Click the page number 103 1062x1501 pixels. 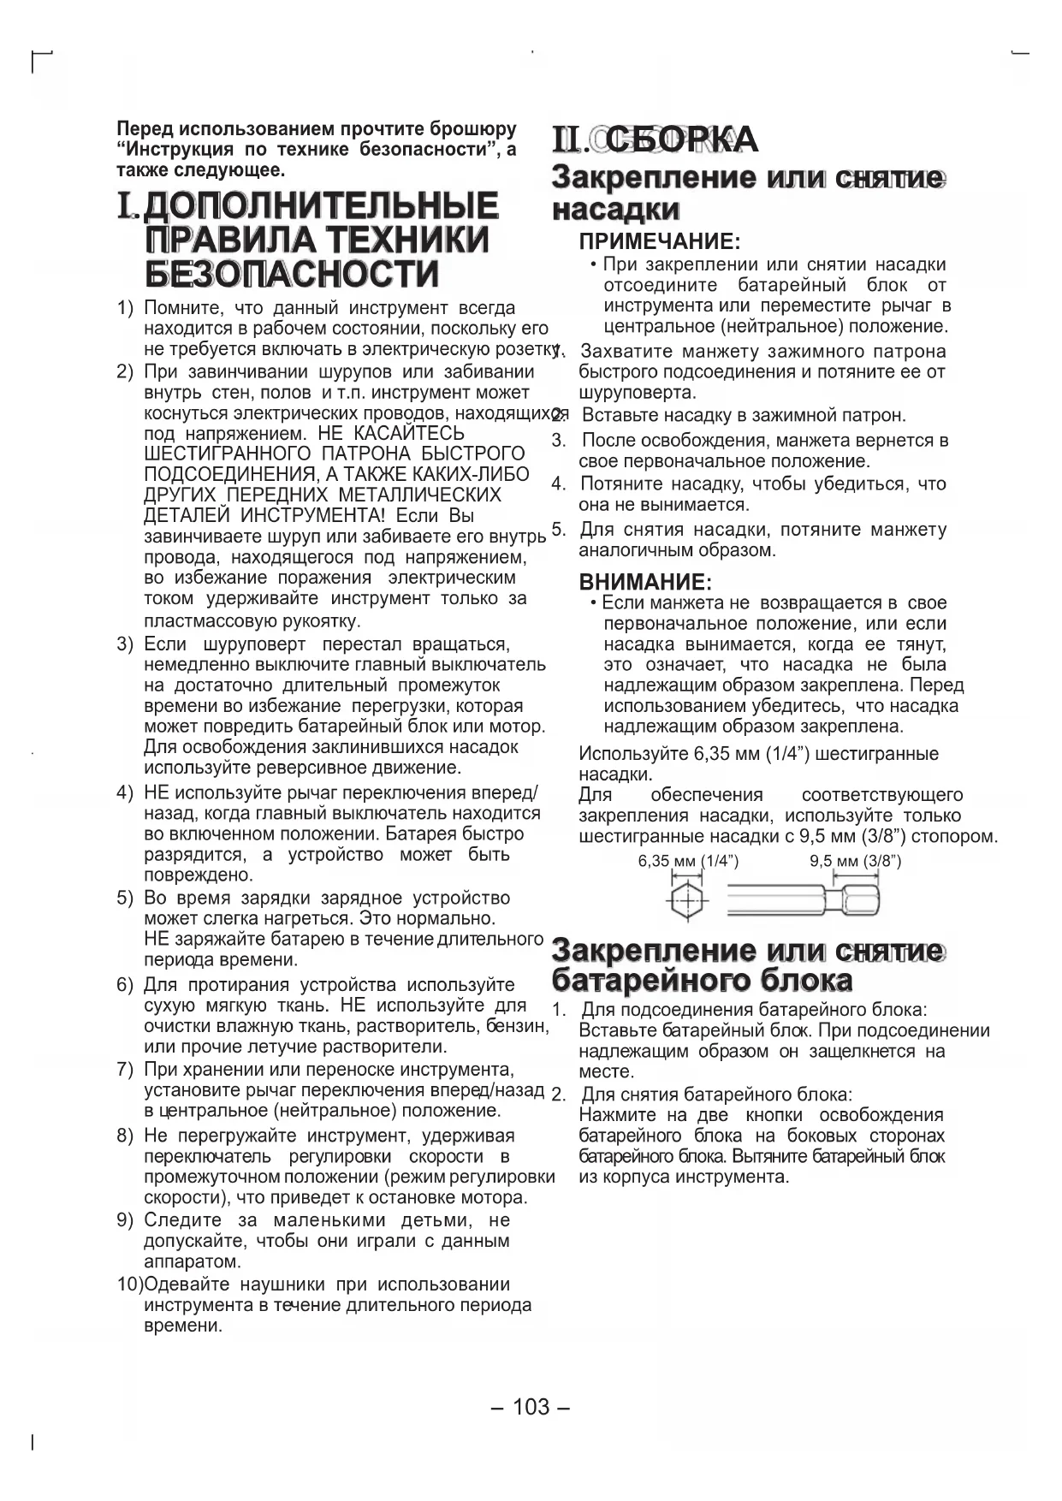click(x=531, y=1407)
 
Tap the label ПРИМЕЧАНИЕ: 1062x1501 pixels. click(x=659, y=242)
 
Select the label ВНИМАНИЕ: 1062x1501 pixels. click(x=645, y=582)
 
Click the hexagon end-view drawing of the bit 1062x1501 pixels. click(x=685, y=900)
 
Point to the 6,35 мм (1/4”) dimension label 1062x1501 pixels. click(x=688, y=861)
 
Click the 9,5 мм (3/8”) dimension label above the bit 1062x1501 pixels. click(x=856, y=861)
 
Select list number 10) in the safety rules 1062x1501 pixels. click(x=130, y=1284)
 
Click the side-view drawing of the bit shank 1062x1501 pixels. click(x=803, y=900)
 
